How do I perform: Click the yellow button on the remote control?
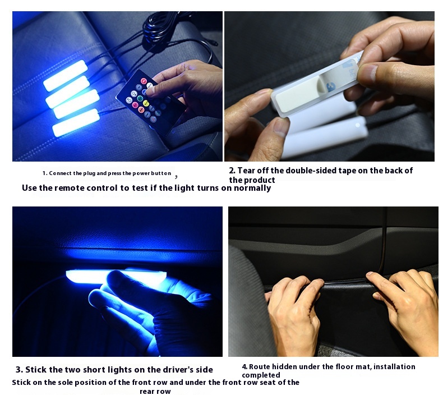[x=146, y=103]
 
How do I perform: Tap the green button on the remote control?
[x=140, y=99]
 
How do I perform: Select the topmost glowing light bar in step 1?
[x=66, y=75]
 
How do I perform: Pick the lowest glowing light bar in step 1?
[x=76, y=123]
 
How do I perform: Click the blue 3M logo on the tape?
[x=331, y=87]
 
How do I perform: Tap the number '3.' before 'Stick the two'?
[x=19, y=370]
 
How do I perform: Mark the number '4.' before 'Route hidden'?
[x=244, y=367]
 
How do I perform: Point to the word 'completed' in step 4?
[x=261, y=375]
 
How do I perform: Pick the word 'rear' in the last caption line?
[x=146, y=392]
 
